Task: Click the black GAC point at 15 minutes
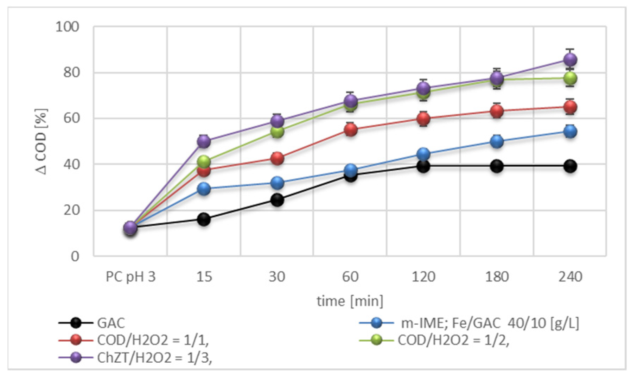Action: (x=204, y=220)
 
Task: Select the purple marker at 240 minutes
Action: (x=570, y=60)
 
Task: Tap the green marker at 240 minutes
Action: (x=570, y=78)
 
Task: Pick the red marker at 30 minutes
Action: (x=277, y=158)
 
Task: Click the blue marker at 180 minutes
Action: (x=497, y=141)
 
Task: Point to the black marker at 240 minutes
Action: (x=570, y=166)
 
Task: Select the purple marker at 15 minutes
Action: (x=204, y=141)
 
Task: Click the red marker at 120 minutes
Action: (x=423, y=119)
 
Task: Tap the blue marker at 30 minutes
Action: (x=277, y=183)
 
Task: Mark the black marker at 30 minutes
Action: (x=277, y=200)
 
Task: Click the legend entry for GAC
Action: (x=111, y=323)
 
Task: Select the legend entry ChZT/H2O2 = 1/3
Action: (x=154, y=358)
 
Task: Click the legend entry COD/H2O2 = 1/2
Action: (x=453, y=340)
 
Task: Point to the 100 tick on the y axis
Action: (x=67, y=27)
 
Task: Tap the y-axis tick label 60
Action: (x=71, y=118)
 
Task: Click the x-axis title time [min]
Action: (x=350, y=301)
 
